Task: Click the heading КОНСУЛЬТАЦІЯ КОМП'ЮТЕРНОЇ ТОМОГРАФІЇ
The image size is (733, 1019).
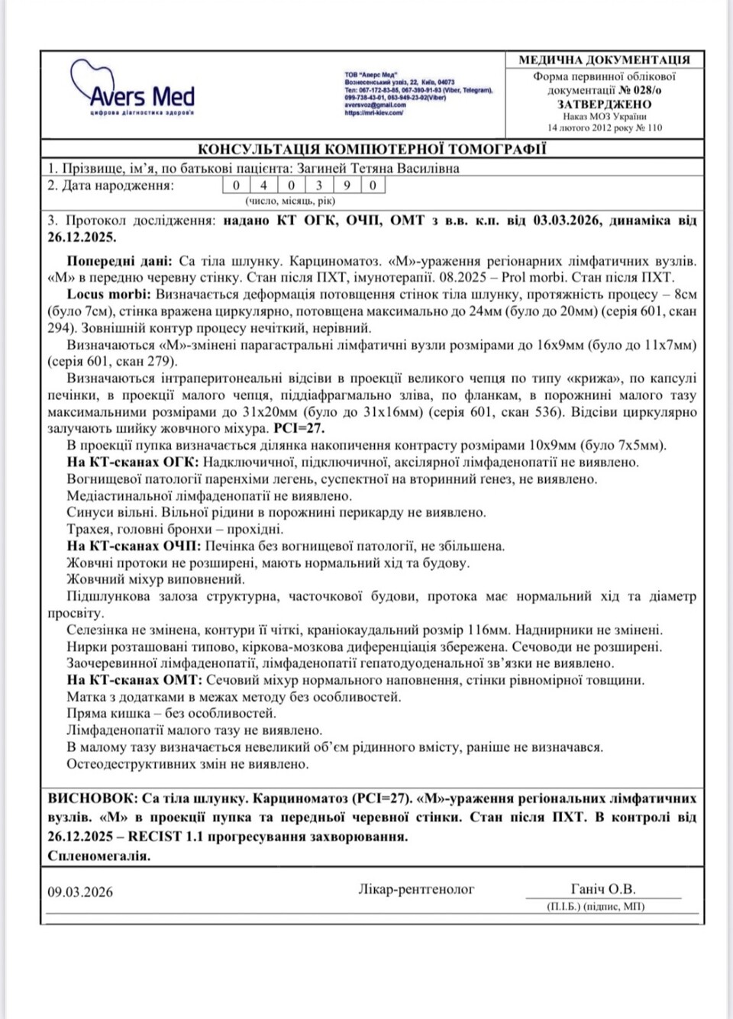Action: tap(372, 149)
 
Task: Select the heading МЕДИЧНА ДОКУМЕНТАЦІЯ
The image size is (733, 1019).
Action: tap(604, 60)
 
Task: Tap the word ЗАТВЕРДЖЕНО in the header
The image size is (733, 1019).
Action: tap(604, 104)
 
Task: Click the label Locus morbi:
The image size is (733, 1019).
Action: tap(109, 295)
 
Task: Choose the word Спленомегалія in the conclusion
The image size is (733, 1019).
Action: tap(98, 856)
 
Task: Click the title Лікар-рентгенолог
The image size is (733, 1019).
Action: tap(416, 889)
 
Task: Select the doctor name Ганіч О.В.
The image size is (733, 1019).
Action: tap(602, 889)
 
